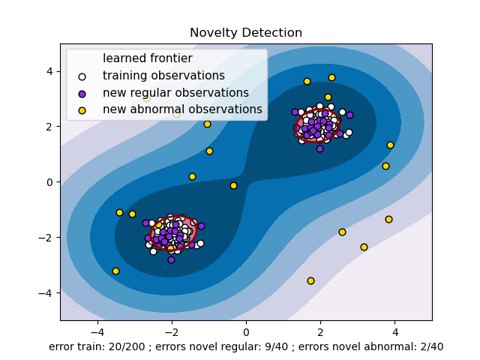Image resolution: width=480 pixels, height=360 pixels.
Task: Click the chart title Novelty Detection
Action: (x=246, y=33)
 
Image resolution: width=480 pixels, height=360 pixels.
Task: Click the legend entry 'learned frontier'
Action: (x=147, y=58)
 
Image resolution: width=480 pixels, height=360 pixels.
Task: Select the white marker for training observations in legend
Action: (x=82, y=76)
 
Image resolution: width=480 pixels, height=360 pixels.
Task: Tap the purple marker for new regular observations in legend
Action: (x=82, y=93)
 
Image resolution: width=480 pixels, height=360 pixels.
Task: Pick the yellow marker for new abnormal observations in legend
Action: (x=82, y=110)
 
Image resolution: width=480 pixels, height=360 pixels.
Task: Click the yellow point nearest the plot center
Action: (x=233, y=185)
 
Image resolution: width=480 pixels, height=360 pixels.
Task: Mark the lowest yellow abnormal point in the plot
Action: (x=310, y=280)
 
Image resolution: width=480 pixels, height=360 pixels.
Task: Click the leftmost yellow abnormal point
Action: (x=115, y=271)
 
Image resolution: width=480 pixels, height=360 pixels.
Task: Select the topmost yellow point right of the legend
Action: (x=331, y=77)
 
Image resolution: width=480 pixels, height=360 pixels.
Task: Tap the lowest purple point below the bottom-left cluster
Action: (x=171, y=259)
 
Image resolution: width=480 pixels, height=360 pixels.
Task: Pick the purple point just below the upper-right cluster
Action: (x=319, y=148)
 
